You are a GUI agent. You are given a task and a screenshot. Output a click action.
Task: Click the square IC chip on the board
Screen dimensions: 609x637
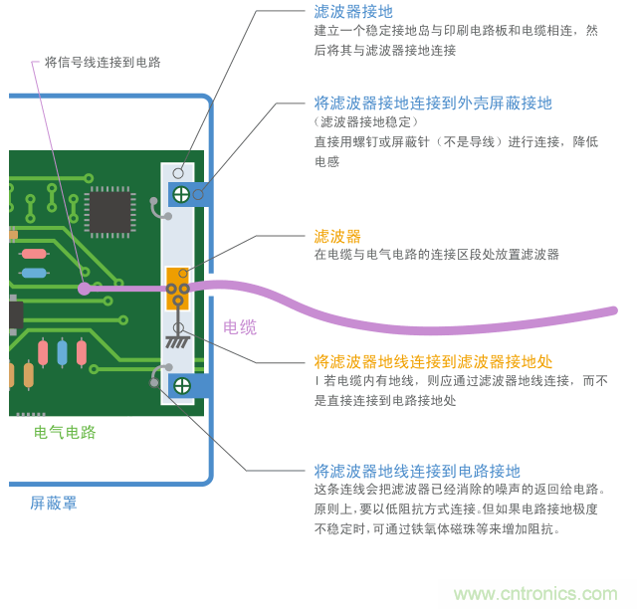(109, 211)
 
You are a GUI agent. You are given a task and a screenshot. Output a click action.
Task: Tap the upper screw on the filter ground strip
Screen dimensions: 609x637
(182, 194)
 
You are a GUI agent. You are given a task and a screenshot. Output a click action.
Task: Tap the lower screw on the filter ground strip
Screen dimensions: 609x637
(182, 385)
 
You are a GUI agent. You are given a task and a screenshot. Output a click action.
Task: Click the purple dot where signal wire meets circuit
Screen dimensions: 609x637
(84, 290)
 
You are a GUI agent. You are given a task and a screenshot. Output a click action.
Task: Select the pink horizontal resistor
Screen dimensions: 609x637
(34, 253)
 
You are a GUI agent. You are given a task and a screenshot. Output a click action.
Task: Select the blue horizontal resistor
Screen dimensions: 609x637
(34, 273)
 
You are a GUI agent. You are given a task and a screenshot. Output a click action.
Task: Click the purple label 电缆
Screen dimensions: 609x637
(239, 326)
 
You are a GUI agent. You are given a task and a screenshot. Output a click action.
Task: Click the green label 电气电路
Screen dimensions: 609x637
(65, 432)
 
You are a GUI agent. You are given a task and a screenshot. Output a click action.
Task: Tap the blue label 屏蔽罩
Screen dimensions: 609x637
(54, 504)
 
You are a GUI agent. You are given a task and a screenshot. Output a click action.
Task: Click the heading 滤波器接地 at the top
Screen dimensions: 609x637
(353, 12)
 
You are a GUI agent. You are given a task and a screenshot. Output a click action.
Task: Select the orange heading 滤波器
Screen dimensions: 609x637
(337, 236)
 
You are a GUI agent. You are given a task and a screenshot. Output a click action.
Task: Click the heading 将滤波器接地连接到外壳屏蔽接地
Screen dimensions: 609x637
(433, 102)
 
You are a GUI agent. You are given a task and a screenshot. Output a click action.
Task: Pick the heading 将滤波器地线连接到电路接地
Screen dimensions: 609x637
(417, 471)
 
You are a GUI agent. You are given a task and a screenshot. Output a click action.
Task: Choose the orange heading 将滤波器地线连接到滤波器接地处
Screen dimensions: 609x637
(433, 360)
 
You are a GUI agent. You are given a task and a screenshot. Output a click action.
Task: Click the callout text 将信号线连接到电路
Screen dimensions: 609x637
(103, 62)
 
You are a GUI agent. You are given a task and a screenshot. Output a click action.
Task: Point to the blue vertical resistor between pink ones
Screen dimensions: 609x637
(63, 352)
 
